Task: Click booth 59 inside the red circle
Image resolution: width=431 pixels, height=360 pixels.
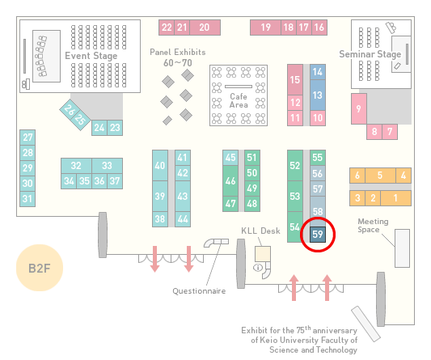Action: [x=318, y=235]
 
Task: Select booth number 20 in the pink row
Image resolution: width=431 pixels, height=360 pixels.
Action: [x=205, y=28]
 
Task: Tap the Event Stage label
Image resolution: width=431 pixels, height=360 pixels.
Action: [x=91, y=56]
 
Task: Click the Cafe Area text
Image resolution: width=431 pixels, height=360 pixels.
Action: [x=239, y=100]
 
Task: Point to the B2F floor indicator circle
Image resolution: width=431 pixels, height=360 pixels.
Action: [x=40, y=268]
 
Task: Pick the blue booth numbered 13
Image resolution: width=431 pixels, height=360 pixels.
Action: [x=318, y=95]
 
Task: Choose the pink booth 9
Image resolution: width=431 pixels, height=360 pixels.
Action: [x=359, y=109]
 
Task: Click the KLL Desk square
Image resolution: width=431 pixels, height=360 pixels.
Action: [x=263, y=254]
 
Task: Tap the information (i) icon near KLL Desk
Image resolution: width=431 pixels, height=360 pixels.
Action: [x=258, y=267]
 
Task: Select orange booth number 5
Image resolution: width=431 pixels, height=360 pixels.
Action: [x=380, y=176]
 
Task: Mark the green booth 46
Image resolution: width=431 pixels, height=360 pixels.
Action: [x=230, y=180]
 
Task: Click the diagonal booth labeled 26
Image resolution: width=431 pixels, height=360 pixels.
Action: [x=69, y=109]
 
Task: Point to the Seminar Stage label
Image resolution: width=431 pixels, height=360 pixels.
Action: [x=370, y=54]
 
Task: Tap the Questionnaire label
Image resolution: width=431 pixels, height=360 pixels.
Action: [x=199, y=291]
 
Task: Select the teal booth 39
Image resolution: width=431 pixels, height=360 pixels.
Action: [x=160, y=196]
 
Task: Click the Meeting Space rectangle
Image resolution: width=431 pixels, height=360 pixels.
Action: [x=402, y=248]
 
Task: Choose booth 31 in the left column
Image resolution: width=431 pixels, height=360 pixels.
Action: [x=27, y=198]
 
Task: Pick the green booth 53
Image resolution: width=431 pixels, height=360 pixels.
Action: [x=295, y=196]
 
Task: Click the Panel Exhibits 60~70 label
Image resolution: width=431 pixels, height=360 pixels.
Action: [x=178, y=57]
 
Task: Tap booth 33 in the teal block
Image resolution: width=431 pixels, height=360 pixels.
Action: [x=108, y=166]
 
